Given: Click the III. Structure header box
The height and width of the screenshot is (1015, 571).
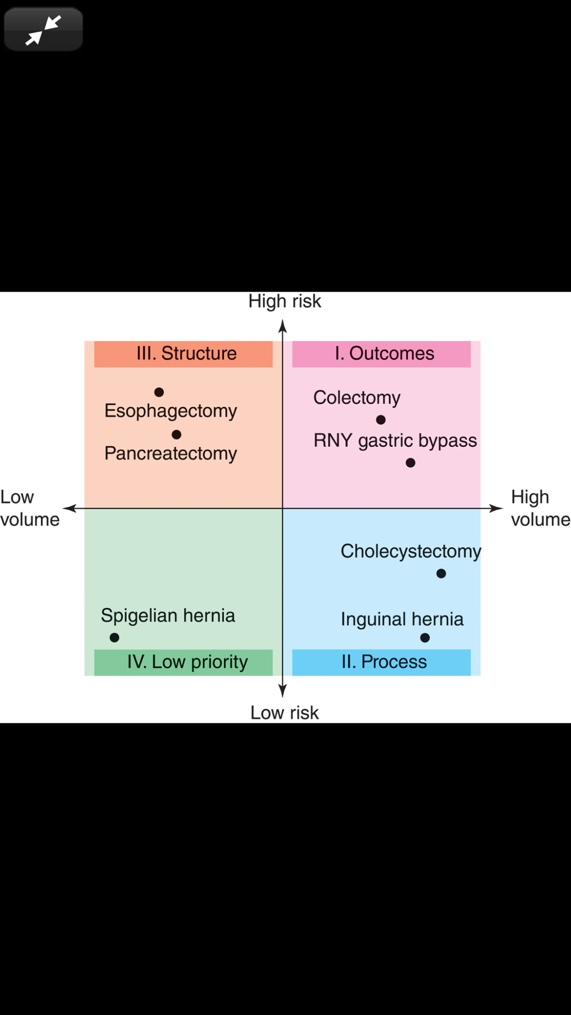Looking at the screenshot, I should click(x=183, y=354).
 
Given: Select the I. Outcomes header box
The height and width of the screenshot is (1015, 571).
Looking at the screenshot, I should click(x=381, y=354).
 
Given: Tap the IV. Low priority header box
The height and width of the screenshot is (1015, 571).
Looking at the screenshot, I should click(x=183, y=662).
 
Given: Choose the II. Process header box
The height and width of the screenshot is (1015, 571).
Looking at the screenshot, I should click(x=381, y=662).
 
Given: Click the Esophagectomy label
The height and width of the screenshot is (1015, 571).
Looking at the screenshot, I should click(x=170, y=411).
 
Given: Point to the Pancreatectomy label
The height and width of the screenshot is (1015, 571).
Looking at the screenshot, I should click(x=170, y=454).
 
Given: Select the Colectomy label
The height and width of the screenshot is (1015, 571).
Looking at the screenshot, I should click(x=357, y=397).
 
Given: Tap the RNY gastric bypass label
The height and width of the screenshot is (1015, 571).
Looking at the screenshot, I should click(x=395, y=441).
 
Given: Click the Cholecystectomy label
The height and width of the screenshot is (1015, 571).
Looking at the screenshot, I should click(x=411, y=551).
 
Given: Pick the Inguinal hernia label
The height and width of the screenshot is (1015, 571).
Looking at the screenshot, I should click(x=402, y=619).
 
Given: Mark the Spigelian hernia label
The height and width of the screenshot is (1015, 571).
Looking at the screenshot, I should click(x=168, y=616).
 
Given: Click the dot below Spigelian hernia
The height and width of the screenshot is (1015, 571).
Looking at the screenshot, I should click(x=114, y=638).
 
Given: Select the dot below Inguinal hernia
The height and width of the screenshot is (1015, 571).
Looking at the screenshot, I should click(x=425, y=638).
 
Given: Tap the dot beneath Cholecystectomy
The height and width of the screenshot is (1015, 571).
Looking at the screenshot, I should click(x=441, y=574).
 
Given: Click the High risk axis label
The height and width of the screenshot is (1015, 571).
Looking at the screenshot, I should click(x=284, y=301).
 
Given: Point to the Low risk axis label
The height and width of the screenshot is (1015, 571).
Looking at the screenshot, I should click(x=284, y=712).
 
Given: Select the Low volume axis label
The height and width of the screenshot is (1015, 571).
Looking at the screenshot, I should click(x=29, y=508).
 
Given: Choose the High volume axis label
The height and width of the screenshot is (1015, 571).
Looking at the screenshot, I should click(x=540, y=508).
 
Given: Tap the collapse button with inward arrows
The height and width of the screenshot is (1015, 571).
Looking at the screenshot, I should click(x=43, y=30).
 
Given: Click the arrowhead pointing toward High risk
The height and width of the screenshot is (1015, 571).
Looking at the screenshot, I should click(x=282, y=326).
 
